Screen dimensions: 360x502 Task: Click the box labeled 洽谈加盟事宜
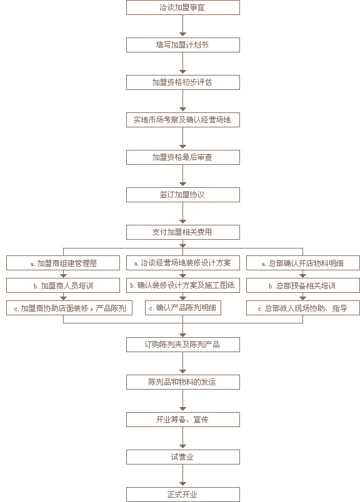click(x=182, y=7)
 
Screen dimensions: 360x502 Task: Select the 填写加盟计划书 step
click(x=182, y=45)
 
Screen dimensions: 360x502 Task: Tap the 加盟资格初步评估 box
click(x=182, y=82)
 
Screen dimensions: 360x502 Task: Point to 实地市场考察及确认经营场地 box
click(x=182, y=120)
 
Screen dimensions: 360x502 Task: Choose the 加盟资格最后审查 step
click(x=182, y=157)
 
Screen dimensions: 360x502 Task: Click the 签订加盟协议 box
click(x=182, y=195)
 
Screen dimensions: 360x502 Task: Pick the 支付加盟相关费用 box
click(x=182, y=232)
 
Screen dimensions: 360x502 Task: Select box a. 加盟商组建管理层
click(x=63, y=263)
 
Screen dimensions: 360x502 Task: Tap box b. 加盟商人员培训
click(x=63, y=285)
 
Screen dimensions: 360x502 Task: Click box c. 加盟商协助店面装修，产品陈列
click(x=69, y=308)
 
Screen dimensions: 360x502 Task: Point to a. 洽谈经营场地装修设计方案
click(x=182, y=263)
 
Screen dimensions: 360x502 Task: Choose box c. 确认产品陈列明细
click(x=182, y=308)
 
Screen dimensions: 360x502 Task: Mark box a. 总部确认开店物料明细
click(x=303, y=263)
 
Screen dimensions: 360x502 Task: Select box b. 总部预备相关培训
click(x=303, y=285)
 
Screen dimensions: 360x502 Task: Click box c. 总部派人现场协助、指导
click(x=303, y=308)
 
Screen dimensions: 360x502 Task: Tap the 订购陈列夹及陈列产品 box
click(x=182, y=345)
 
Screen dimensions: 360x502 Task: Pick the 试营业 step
click(x=182, y=457)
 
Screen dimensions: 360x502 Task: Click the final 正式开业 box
click(x=182, y=495)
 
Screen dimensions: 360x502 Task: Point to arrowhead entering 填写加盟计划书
click(x=182, y=34)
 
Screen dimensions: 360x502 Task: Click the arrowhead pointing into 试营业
click(x=182, y=446)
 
